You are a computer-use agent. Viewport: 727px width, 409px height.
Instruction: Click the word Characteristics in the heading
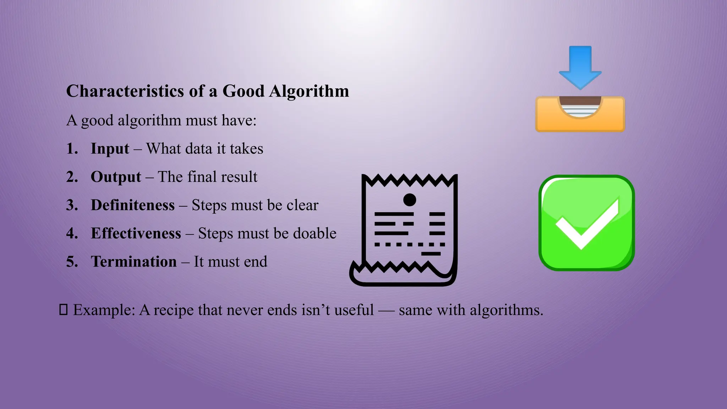(x=125, y=91)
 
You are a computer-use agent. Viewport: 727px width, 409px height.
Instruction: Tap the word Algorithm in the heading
(x=309, y=91)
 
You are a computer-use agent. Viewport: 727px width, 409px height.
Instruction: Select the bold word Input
(x=110, y=149)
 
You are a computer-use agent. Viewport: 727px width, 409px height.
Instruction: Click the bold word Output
(x=116, y=177)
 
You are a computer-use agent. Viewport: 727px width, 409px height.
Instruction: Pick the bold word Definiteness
(x=132, y=205)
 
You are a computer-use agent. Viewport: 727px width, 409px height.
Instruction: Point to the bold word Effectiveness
(x=136, y=234)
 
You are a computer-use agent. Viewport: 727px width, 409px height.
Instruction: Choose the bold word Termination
(x=133, y=262)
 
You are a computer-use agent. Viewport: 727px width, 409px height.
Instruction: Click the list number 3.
(x=72, y=205)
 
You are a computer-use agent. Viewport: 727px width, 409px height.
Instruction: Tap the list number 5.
(x=72, y=262)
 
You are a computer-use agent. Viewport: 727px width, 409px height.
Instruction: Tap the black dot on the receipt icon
(x=410, y=200)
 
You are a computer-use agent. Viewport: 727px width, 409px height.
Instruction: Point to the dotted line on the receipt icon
(x=409, y=245)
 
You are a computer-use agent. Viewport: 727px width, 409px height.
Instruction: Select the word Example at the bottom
(x=104, y=310)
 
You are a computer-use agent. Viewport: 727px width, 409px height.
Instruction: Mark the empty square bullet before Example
(x=63, y=310)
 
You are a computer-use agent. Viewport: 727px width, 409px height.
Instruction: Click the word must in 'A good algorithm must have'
(x=201, y=121)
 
